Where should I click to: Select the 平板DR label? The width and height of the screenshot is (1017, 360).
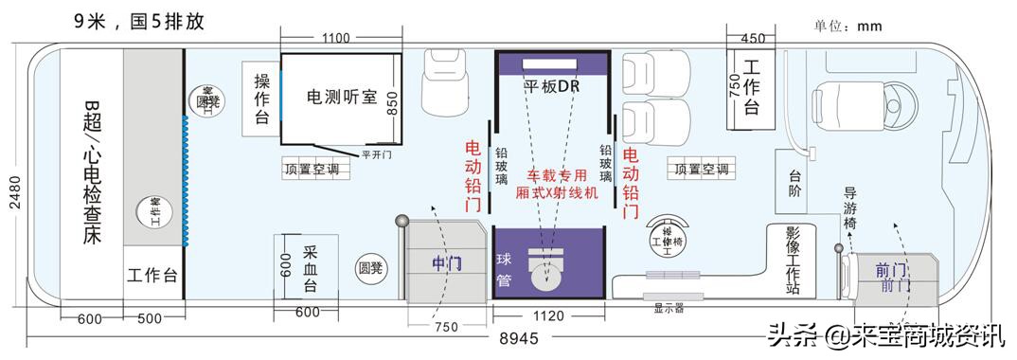(x=551, y=86)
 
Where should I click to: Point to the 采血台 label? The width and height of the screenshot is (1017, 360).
(x=310, y=267)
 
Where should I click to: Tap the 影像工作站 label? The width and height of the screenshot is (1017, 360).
(x=793, y=261)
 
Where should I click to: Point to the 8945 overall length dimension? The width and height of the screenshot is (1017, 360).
(x=511, y=339)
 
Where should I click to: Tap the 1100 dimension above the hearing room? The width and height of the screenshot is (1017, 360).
(x=336, y=39)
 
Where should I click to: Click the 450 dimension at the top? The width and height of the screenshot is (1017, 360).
(x=753, y=39)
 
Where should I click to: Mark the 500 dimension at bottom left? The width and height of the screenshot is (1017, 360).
(x=150, y=319)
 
